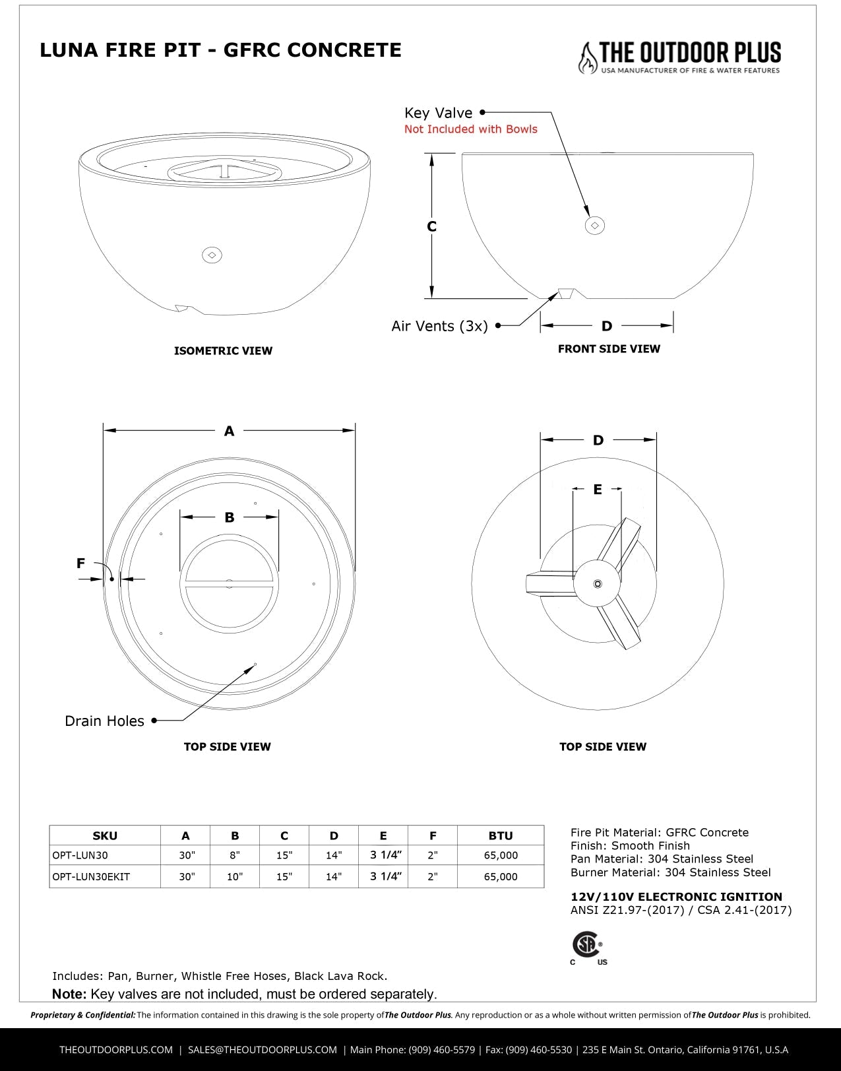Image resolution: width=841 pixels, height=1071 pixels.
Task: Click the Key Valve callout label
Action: point(438,113)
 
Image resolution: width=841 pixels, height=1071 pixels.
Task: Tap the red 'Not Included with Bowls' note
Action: point(470,129)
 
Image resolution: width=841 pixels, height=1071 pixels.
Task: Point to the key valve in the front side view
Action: point(595,226)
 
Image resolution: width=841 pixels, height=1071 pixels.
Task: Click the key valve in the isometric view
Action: point(212,255)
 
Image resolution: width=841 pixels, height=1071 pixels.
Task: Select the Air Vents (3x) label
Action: point(439,326)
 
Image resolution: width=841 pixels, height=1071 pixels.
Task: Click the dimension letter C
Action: point(432,226)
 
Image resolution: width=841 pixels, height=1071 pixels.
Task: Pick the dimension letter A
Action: point(229,431)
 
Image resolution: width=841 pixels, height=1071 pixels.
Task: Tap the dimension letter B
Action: point(230,517)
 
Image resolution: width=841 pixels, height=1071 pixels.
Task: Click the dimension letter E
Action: point(598,489)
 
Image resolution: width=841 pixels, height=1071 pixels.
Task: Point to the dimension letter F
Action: point(80,563)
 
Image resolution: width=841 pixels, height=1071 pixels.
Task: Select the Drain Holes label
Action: point(104,721)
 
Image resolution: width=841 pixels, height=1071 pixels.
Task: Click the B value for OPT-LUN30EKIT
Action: point(235,876)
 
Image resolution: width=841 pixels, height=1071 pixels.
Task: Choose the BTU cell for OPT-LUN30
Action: point(501,855)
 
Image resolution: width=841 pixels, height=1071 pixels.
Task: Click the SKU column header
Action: point(105,835)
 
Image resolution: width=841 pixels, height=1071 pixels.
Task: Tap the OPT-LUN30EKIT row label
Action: point(91,876)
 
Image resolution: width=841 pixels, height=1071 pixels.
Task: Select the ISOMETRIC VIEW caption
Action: point(223,350)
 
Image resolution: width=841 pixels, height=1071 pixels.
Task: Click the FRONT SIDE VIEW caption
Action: point(609,348)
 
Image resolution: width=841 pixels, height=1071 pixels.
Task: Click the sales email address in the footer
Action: point(262,1049)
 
